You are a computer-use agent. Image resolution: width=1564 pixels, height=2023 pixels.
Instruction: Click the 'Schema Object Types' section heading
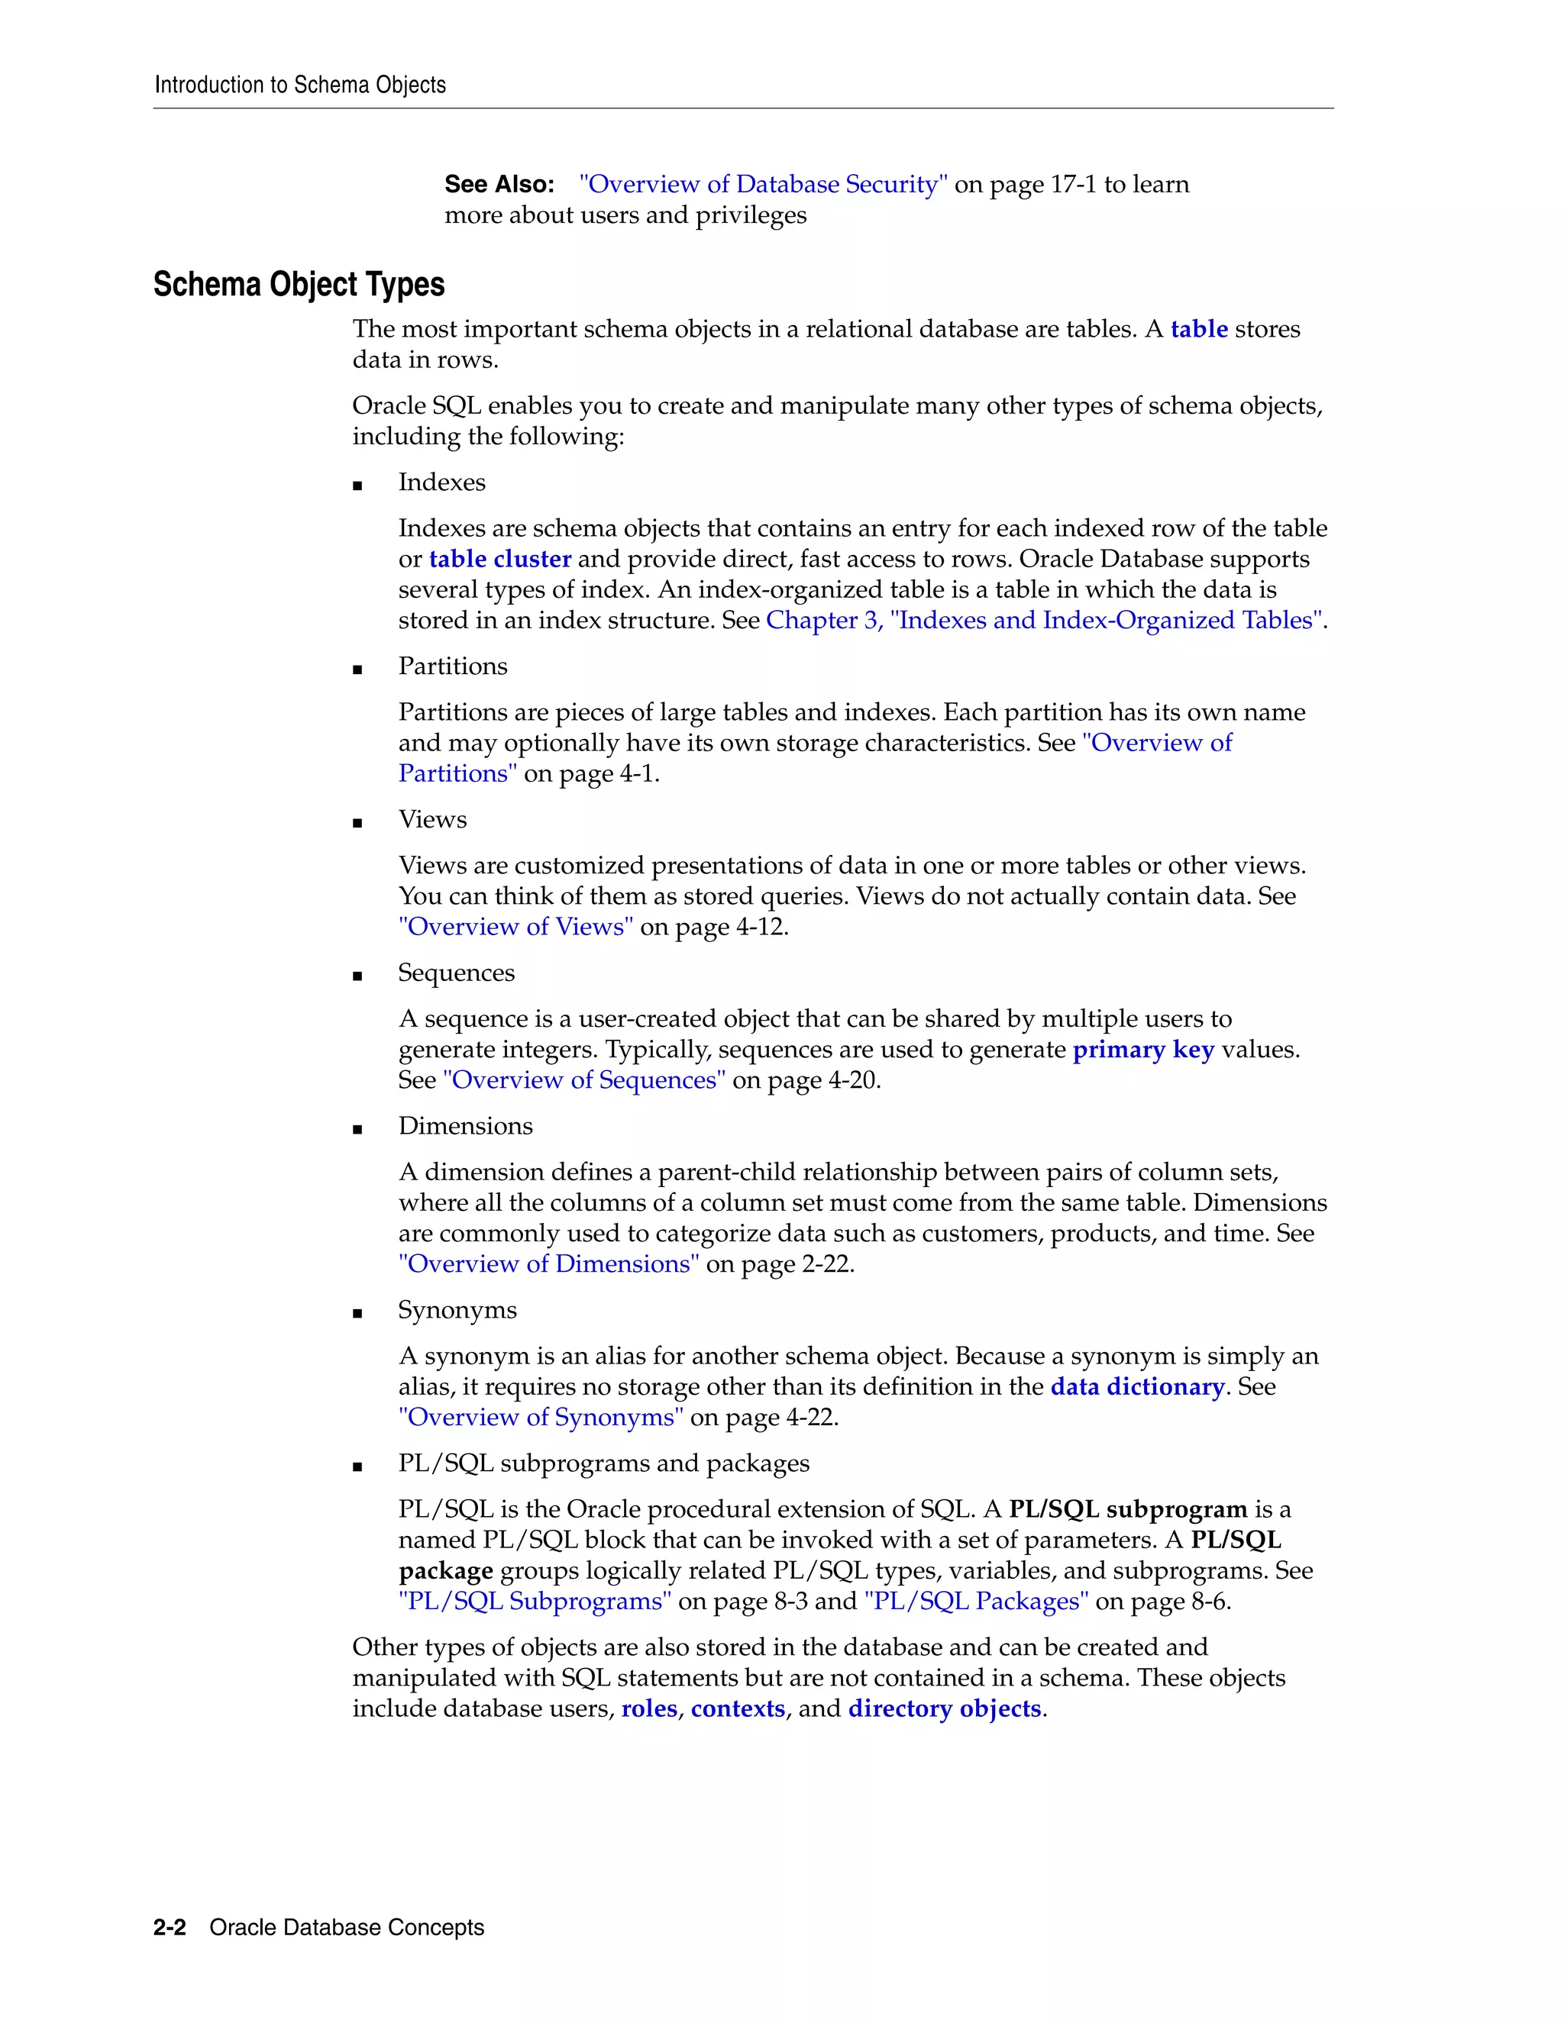pos(299,285)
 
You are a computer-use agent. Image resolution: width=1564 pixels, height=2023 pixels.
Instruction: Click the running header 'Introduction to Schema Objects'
pos(299,86)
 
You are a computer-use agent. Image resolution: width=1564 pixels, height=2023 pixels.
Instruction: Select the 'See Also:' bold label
pos(499,184)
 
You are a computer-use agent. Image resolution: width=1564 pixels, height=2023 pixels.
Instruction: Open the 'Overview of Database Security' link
pos(763,184)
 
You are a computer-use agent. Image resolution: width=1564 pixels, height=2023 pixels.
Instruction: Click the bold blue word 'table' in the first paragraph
pos(1198,329)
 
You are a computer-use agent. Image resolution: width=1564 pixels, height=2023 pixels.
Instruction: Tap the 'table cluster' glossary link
pos(499,559)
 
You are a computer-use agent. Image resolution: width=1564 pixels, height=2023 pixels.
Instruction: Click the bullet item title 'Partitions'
pos(452,666)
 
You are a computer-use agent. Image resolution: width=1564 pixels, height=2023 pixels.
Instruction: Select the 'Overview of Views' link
pos(516,926)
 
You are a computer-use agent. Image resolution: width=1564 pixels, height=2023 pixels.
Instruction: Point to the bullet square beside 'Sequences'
pos(357,976)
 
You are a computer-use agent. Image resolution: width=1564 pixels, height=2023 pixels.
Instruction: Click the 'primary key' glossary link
pos(1142,1050)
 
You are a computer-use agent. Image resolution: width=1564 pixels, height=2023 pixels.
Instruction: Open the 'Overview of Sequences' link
pos(583,1080)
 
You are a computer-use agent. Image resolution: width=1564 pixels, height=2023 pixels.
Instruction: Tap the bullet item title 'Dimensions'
pos(465,1125)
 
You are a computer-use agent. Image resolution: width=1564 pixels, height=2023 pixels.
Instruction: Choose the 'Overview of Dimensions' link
pos(548,1263)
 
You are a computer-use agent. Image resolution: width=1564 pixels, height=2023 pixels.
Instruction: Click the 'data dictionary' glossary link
pos(1137,1386)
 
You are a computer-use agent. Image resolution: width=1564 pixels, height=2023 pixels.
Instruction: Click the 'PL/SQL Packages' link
pos(976,1601)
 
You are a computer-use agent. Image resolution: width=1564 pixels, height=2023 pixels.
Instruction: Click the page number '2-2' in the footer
pos(170,1928)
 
